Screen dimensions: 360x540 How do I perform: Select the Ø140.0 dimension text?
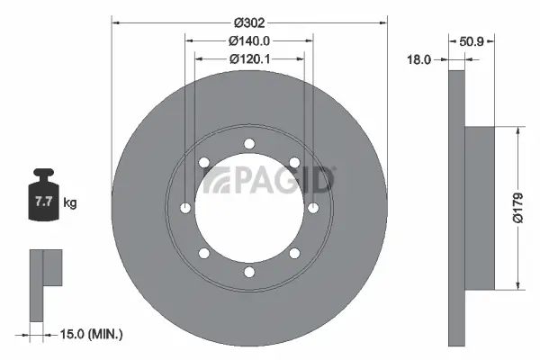click(x=249, y=40)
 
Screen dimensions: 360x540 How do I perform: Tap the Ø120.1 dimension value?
click(x=249, y=59)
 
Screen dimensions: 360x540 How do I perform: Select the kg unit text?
click(x=70, y=203)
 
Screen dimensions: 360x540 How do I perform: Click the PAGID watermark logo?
click(x=268, y=180)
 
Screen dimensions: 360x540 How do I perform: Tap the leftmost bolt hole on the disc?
click(x=185, y=208)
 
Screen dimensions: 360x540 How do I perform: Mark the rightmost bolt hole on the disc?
click(x=313, y=208)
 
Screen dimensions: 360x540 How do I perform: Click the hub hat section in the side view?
click(x=481, y=208)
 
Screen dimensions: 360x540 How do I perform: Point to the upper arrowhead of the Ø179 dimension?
click(x=517, y=130)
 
